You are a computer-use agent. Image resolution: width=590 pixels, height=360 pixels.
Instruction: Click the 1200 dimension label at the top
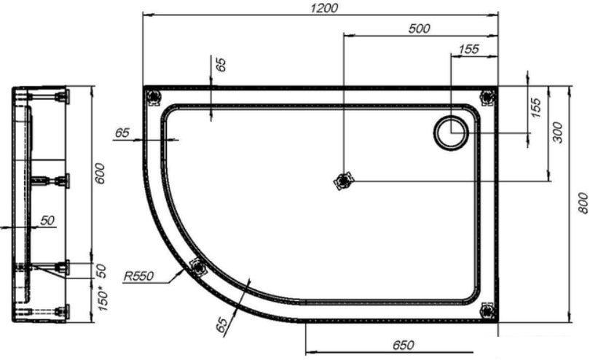(x=323, y=7)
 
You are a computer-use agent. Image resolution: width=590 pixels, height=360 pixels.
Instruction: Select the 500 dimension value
(x=419, y=28)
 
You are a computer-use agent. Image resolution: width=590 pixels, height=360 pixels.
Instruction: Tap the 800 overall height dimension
(x=582, y=203)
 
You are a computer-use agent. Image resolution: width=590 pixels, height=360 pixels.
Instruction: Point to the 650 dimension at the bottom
(x=404, y=345)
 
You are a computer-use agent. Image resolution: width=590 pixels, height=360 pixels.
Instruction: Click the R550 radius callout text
(x=139, y=276)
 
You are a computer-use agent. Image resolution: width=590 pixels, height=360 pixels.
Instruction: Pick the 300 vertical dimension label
(x=558, y=132)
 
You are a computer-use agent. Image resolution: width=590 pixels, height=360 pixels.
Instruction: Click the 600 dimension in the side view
(x=100, y=173)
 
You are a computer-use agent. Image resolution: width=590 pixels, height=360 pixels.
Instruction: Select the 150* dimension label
(x=103, y=299)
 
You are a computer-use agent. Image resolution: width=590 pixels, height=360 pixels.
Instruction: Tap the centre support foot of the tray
(x=343, y=181)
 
